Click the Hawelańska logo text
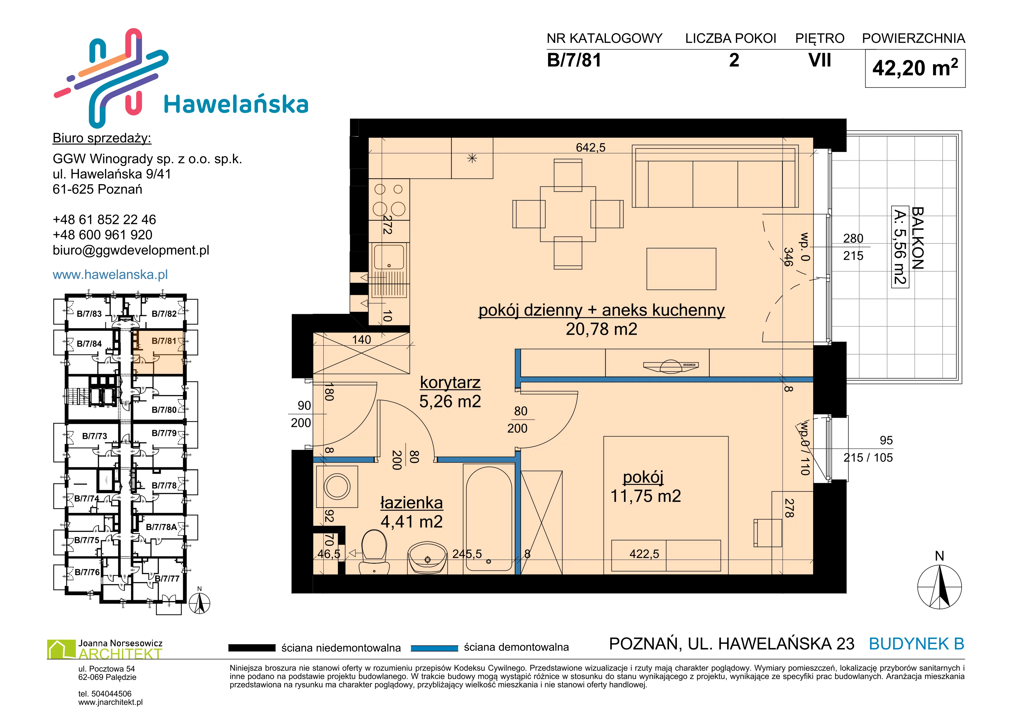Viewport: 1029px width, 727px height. pyautogui.click(x=236, y=104)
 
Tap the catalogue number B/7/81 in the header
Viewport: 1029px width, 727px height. pyautogui.click(x=574, y=60)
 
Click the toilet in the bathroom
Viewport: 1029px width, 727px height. pyautogui.click(x=374, y=551)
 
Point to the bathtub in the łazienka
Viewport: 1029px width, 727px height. pyautogui.click(x=489, y=519)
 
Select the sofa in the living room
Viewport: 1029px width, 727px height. pyautogui.click(x=715, y=176)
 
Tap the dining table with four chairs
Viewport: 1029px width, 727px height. pyautogui.click(x=568, y=214)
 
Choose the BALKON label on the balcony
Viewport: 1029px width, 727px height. pyautogui.click(x=918, y=238)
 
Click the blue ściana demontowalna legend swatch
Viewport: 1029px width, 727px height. pyautogui.click(x=434, y=648)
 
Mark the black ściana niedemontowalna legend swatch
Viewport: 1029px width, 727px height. pyautogui.click(x=252, y=648)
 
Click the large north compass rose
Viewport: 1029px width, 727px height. pyautogui.click(x=940, y=586)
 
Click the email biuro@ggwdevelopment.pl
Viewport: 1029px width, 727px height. pyautogui.click(x=131, y=250)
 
